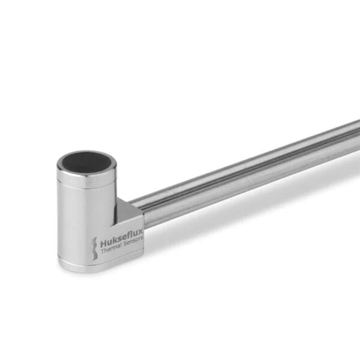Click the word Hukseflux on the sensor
click(x=122, y=242)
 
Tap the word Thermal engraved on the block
click(x=112, y=253)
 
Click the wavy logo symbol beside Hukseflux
click(x=94, y=248)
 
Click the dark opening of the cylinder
click(x=88, y=160)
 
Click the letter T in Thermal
click(x=102, y=255)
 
